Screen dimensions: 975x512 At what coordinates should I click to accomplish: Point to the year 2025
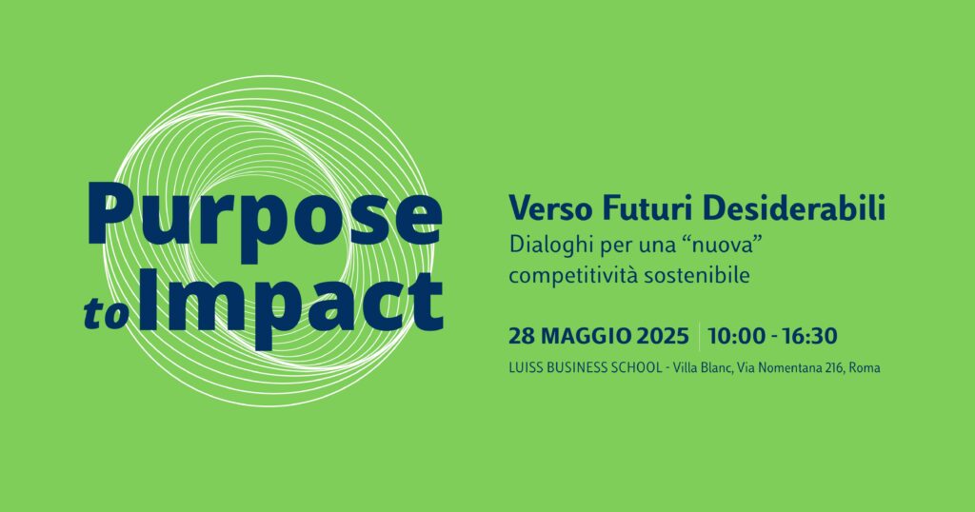pyautogui.click(x=663, y=336)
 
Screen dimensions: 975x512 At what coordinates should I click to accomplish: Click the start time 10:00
pyautogui.click(x=737, y=336)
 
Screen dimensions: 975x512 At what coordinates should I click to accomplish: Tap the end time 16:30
pyautogui.click(x=809, y=336)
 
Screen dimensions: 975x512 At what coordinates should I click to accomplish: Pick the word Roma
pyautogui.click(x=865, y=368)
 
